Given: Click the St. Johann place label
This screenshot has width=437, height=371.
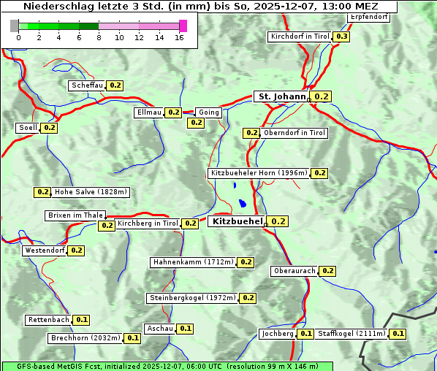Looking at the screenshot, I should tap(281, 96).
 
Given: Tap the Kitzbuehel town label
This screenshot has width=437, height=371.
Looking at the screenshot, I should tap(235, 221).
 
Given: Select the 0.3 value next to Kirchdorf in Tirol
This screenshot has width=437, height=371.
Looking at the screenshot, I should tap(341, 37).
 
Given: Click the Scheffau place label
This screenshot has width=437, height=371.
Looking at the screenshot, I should tap(87, 85).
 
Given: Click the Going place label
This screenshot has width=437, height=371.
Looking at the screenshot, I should tap(208, 112).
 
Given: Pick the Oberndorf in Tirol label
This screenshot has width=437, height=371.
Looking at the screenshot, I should tap(294, 133).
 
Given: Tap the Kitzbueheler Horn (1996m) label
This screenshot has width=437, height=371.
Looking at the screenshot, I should tap(259, 173).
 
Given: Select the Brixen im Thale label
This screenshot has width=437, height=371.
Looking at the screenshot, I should tap(75, 215).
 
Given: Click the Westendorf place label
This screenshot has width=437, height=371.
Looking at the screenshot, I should tap(45, 250).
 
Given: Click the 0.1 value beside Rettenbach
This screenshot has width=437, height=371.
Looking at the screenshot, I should tap(82, 320).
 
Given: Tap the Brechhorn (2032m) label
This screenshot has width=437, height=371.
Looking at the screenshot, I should tap(85, 338).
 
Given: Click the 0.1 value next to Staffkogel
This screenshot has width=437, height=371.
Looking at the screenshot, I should tap(398, 334).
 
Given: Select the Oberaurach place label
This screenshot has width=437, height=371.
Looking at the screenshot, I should tap(294, 271).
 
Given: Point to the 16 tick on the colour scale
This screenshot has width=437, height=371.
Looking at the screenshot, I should tap(179, 37).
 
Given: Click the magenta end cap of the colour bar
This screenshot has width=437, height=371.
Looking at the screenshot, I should tap(183, 26).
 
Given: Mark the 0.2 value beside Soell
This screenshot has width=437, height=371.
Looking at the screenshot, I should tap(49, 128).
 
